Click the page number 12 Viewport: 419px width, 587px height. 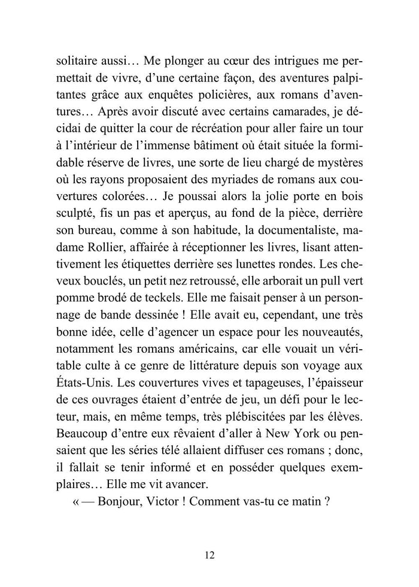click(x=209, y=555)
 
